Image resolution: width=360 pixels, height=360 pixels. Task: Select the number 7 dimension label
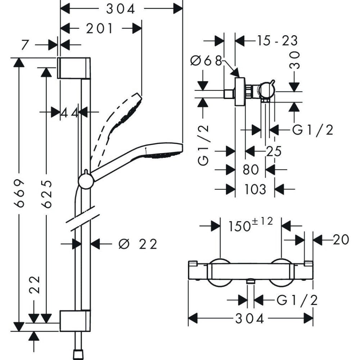(x=24, y=45)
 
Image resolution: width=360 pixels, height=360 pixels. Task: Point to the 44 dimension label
(x=69, y=113)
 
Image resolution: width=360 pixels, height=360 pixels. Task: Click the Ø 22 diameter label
(x=138, y=244)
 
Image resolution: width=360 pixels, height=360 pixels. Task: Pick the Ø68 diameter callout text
(x=206, y=61)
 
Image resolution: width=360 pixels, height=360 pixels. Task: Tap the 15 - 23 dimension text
(x=277, y=41)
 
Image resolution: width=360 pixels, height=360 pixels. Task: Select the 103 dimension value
(x=255, y=189)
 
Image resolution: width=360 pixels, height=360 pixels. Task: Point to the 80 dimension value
(x=251, y=169)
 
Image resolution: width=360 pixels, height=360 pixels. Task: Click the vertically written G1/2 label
(x=204, y=145)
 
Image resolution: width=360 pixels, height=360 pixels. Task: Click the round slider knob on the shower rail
(x=86, y=179)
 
